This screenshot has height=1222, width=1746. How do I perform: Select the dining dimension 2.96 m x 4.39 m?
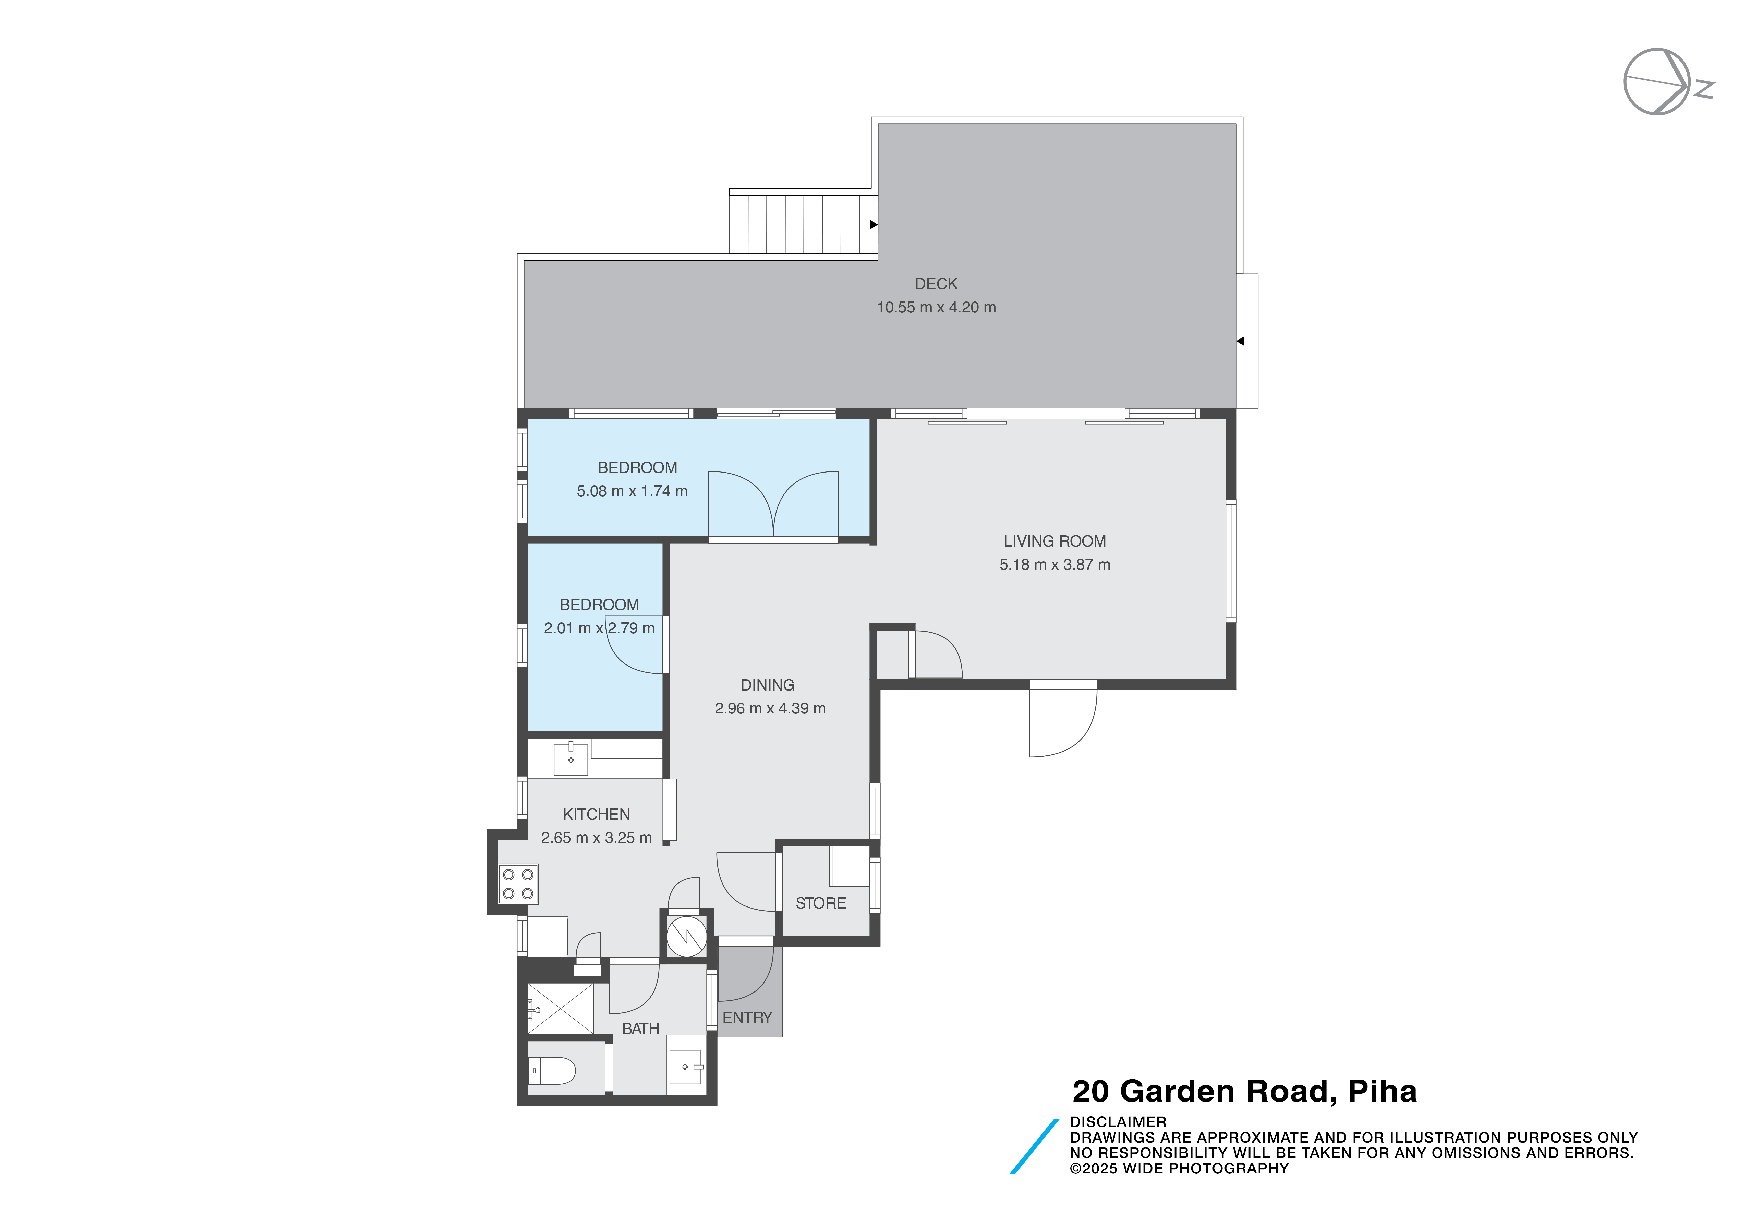coord(770,708)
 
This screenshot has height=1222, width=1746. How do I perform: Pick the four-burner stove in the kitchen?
coord(518,884)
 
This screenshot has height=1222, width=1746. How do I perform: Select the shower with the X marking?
coord(561,1008)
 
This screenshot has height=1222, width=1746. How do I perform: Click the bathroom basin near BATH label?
coord(685,1067)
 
